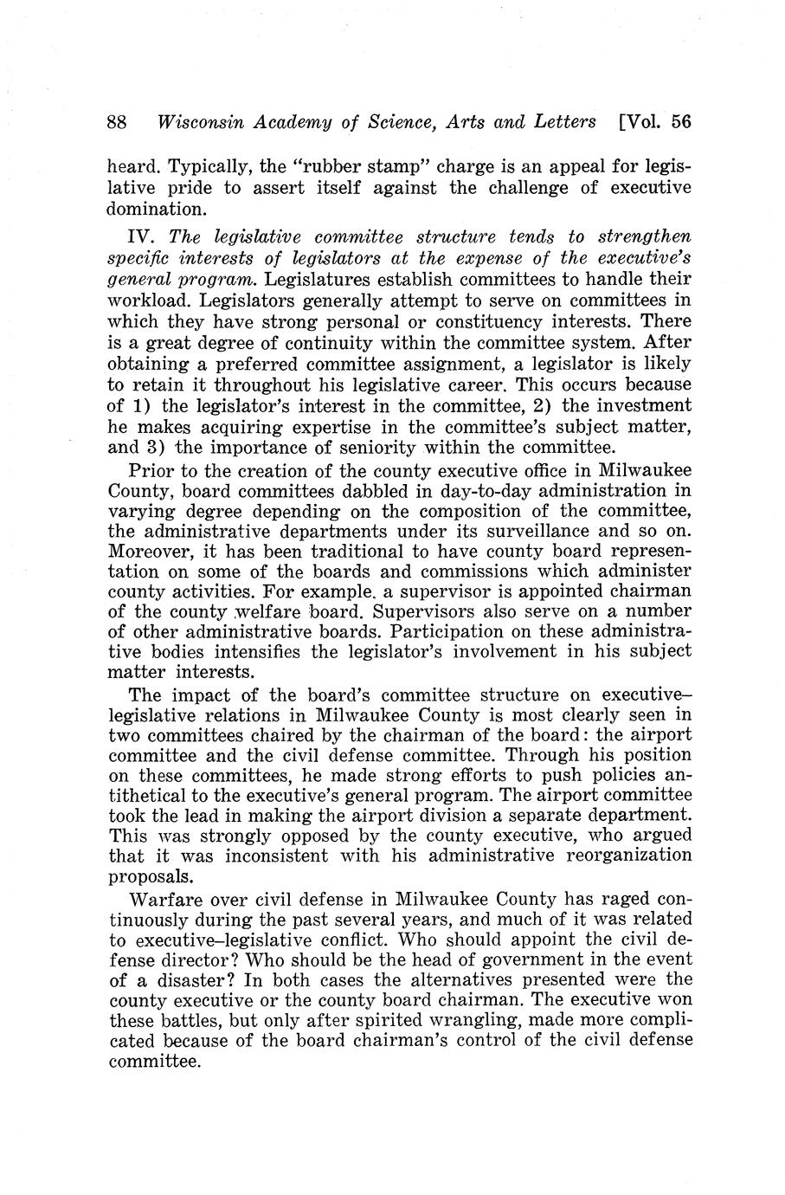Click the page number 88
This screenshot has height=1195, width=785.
(117, 122)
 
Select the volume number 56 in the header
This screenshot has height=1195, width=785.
(680, 122)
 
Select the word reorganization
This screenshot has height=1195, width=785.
(620, 855)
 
